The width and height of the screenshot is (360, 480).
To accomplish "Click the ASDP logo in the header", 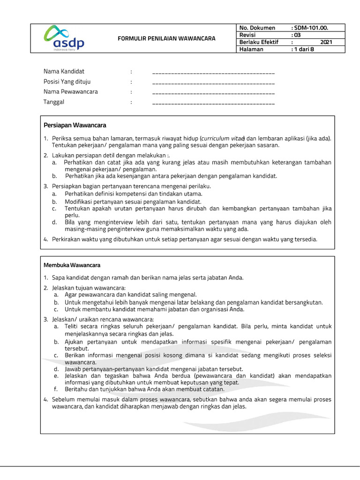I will [65, 38].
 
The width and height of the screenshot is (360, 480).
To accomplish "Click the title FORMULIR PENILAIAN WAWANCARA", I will [166, 38].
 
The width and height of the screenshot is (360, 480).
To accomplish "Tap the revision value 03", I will [295, 35].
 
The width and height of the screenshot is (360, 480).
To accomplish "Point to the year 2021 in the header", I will [326, 42].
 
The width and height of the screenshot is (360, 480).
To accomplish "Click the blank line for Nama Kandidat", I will [213, 74].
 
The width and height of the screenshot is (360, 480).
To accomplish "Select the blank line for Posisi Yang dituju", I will [213, 83].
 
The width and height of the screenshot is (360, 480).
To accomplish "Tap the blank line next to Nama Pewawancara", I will [213, 93].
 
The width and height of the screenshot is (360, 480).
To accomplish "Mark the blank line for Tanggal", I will [213, 103].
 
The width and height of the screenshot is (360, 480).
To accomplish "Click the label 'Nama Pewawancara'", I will [71, 92].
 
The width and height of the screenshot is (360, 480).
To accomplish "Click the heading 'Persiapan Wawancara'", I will [75, 125].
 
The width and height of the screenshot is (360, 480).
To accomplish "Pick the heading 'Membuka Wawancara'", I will [72, 265].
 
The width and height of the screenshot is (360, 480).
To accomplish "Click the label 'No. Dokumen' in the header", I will [257, 28].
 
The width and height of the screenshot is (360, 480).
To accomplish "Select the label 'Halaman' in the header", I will [251, 49].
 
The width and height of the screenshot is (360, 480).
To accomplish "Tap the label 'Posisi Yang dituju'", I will [67, 82].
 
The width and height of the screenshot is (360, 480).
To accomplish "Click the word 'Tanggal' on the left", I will [54, 102].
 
